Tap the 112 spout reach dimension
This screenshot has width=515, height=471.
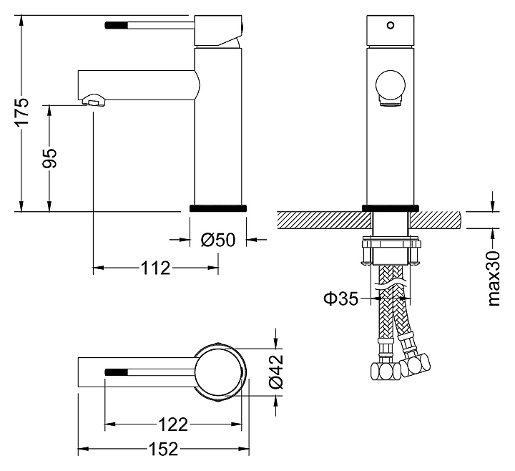(x=156, y=268)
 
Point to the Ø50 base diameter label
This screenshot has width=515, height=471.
(x=217, y=241)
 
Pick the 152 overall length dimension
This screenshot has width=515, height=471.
(x=163, y=450)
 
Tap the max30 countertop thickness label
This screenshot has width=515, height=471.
(x=493, y=278)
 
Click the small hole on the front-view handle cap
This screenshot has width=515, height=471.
(x=390, y=26)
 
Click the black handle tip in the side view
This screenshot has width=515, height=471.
(x=116, y=24)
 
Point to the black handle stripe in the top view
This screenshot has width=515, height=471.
(x=117, y=372)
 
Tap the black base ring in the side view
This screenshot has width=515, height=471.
(x=219, y=208)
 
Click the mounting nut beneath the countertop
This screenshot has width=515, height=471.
(x=390, y=251)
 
